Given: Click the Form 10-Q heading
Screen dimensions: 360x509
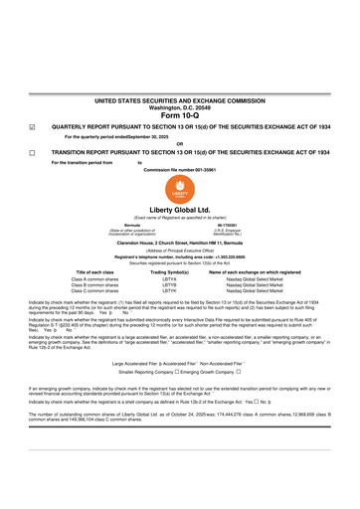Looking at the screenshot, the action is (x=179, y=116).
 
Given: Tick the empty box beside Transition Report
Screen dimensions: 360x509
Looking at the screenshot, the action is (x=31, y=153).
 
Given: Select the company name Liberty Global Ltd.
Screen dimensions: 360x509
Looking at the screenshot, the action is (x=180, y=211).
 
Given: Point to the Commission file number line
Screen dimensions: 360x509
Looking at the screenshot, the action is (x=179, y=170).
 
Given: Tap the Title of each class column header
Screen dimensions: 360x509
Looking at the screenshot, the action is (x=95, y=271).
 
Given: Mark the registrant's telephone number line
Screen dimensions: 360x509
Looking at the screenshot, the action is (x=179, y=256).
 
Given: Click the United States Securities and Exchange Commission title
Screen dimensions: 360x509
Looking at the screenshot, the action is (x=179, y=101).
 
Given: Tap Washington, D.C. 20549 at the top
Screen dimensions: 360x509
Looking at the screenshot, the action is (x=179, y=108).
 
